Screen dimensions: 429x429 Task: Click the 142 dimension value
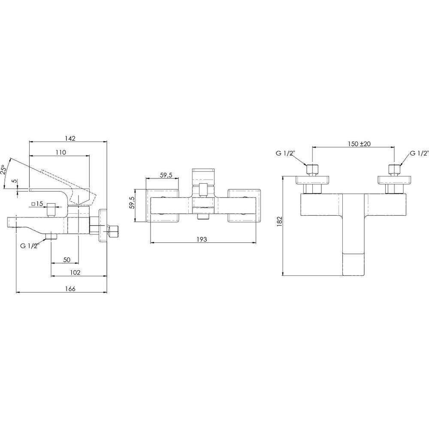70,138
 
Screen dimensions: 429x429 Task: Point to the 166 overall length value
70,289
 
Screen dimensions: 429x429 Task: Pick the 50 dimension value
67,259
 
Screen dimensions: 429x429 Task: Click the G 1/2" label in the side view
30,246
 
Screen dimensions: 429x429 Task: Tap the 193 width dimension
204,239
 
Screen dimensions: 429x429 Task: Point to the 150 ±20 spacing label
359,144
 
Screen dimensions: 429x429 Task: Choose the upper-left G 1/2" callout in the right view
285,153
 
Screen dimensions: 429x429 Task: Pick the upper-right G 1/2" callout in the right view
419,153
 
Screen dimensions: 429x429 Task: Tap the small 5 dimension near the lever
15,181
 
